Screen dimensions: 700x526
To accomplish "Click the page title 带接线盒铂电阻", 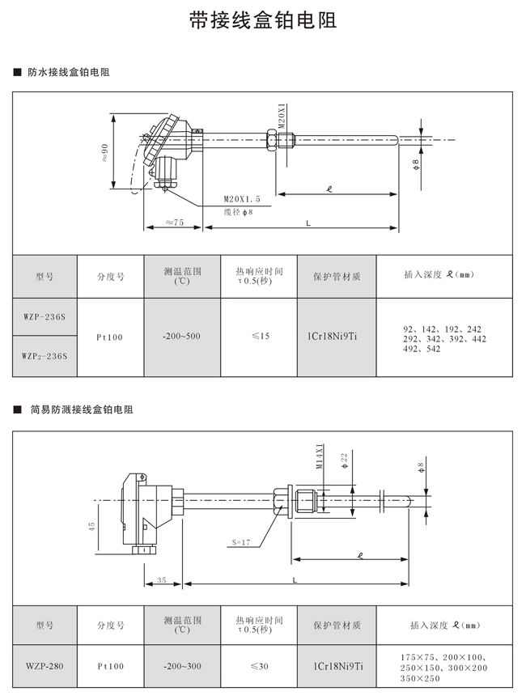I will pyautogui.click(x=262, y=21).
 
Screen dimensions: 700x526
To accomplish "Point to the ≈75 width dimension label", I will pyautogui.click(x=172, y=222).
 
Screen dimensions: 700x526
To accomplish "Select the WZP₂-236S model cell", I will pyautogui.click(x=45, y=355).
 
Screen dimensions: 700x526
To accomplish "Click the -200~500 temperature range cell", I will pyautogui.click(x=180, y=336).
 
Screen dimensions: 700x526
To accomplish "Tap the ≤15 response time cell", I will pyautogui.click(x=259, y=336).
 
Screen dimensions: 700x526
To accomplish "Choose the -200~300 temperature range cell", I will pyautogui.click(x=180, y=667).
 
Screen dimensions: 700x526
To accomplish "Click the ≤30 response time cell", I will pyautogui.click(x=259, y=667).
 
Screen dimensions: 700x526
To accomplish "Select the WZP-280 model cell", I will pyautogui.click(x=45, y=667).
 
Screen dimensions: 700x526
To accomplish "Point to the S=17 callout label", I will pyautogui.click(x=241, y=541).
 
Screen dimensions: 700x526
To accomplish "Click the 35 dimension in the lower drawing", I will pyautogui.click(x=161, y=579).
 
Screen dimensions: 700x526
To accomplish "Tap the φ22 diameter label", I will pyautogui.click(x=344, y=459).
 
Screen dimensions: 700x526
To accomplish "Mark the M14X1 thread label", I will pyautogui.click(x=319, y=456).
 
